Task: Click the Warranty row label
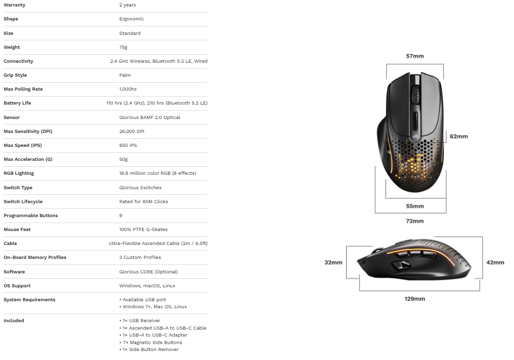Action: click(14, 5)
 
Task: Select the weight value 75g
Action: click(123, 47)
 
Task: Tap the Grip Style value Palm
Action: click(125, 75)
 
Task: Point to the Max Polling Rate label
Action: click(23, 89)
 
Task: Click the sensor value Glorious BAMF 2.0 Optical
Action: click(150, 118)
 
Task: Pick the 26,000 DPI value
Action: click(132, 131)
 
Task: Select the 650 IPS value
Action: click(128, 145)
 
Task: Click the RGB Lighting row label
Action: click(19, 173)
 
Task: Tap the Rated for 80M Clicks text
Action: click(143, 202)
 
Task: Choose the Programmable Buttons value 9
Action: click(121, 216)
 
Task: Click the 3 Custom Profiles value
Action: click(140, 257)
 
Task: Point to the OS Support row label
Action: click(17, 286)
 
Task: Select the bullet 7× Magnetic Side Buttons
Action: click(151, 342)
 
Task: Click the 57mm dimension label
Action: click(415, 56)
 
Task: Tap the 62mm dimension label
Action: click(459, 136)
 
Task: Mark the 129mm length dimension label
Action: click(415, 299)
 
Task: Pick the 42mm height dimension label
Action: click(495, 262)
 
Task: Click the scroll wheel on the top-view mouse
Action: click(415, 94)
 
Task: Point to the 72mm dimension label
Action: click(415, 221)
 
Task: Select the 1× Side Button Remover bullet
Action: click(149, 350)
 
